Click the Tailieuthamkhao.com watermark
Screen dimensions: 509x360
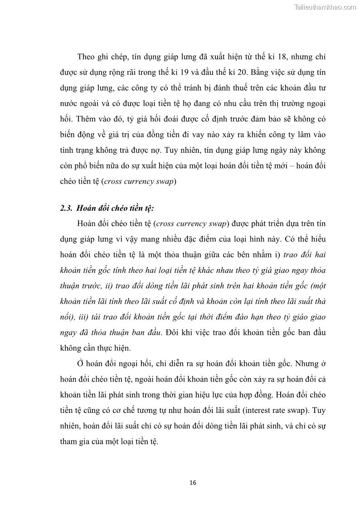tap(325, 7)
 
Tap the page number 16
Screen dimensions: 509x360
tap(193, 483)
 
